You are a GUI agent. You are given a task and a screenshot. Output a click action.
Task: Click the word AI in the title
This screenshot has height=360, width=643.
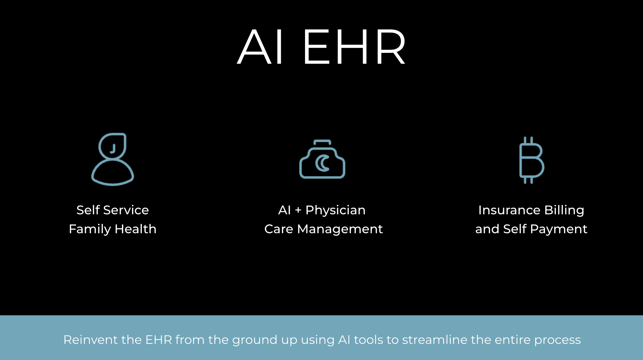coord(260,47)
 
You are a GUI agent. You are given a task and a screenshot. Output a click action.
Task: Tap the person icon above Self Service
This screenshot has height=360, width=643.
coord(113,159)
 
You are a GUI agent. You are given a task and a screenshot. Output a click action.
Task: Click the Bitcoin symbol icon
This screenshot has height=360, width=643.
coord(531,160)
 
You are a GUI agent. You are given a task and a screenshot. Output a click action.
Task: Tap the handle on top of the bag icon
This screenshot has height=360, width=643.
coord(322,142)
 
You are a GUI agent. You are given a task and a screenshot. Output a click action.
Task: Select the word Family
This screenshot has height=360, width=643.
coord(90,229)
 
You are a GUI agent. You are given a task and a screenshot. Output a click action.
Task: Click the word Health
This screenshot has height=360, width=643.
coord(136,229)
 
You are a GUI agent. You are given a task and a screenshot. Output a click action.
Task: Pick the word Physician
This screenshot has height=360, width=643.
coord(336,210)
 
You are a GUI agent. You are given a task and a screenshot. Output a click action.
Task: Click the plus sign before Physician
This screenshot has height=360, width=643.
coord(298,210)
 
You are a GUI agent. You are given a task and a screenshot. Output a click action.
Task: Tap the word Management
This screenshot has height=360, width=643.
coord(340,229)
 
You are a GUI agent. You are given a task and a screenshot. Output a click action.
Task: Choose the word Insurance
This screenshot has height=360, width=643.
coord(509,210)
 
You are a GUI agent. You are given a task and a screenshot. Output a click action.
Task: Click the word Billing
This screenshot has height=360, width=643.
coord(564,210)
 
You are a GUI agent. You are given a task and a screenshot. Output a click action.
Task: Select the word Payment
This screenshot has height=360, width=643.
coord(559,229)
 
